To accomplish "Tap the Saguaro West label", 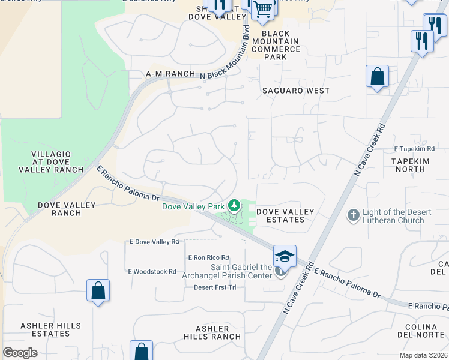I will click(296, 91).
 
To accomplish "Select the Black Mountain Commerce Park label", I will click(276, 45).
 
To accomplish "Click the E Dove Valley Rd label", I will click(154, 242).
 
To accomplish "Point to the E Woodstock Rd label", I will click(152, 272).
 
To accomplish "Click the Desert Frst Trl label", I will click(215, 287).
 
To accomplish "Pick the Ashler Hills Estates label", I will click(50, 329).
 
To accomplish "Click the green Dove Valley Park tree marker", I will click(234, 206).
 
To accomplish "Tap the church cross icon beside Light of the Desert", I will click(354, 214).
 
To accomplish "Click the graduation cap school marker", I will click(284, 256).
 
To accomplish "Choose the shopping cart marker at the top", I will click(262, 9).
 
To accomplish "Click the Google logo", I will click(20, 353).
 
